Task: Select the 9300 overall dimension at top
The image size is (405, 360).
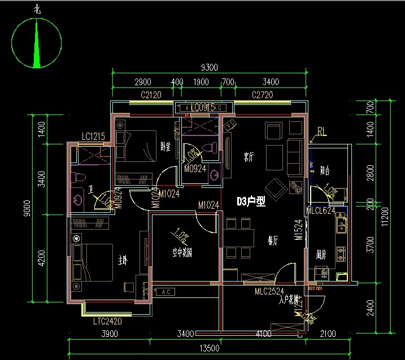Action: [x=210, y=68]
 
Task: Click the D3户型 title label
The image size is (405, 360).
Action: [x=251, y=201]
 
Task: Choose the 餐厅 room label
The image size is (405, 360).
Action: [x=273, y=240]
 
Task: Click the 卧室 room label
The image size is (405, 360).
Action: [x=166, y=147]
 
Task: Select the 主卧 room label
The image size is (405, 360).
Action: [x=123, y=260]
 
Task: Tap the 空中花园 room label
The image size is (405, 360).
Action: [x=182, y=253]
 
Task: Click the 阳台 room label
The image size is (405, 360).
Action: [x=325, y=169]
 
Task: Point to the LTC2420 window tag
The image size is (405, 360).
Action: [x=108, y=322]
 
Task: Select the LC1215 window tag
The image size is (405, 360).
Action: [x=94, y=137]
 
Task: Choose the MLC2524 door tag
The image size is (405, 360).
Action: [x=269, y=291]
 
